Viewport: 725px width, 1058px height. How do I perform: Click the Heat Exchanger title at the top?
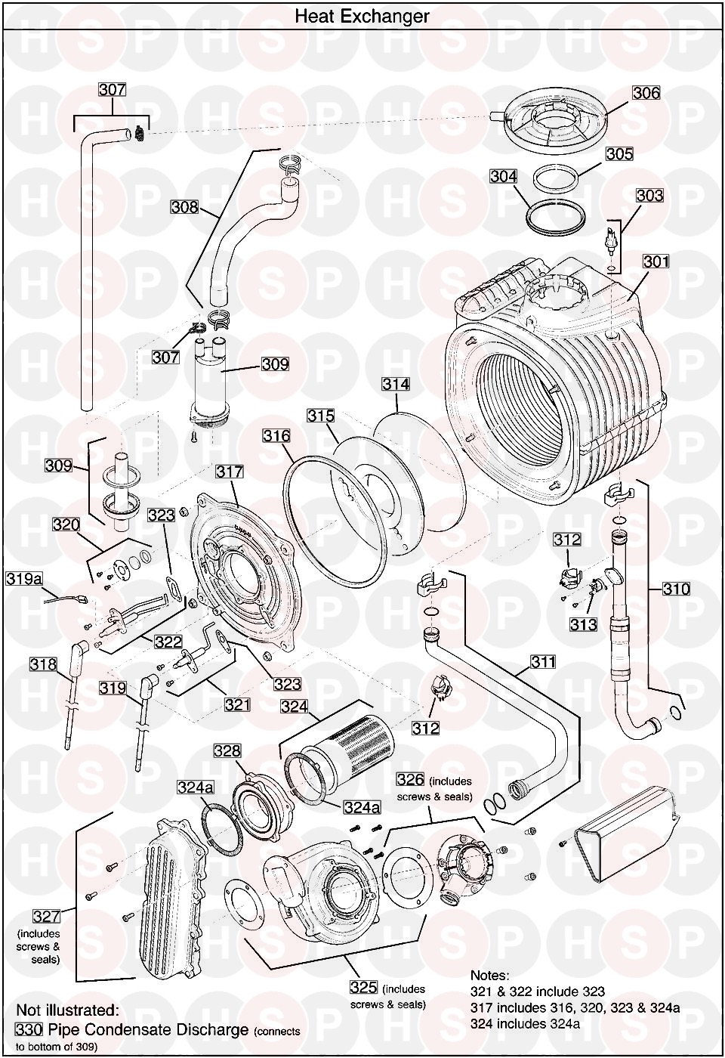click(362, 16)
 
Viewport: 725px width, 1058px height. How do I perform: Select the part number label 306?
click(646, 93)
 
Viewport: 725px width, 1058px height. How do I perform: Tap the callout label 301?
click(656, 261)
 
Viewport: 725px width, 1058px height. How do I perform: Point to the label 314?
click(395, 384)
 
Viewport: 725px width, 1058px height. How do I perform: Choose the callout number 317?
click(230, 472)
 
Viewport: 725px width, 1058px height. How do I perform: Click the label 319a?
click(24, 579)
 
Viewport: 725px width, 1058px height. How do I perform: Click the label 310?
click(676, 588)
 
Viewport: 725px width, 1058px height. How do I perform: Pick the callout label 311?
click(541, 662)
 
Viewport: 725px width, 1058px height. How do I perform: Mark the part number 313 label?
click(584, 624)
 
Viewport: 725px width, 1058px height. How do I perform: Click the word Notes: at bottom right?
click(490, 976)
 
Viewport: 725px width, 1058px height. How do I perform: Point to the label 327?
click(45, 917)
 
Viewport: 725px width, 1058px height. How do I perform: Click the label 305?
click(619, 154)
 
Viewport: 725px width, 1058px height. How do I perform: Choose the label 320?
click(66, 524)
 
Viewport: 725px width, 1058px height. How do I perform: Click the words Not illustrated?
click(67, 1010)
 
